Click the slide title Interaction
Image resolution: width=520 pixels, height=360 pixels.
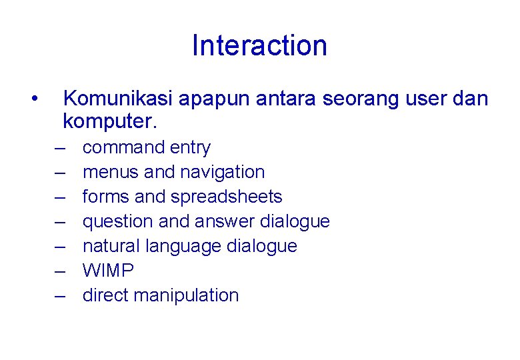259,46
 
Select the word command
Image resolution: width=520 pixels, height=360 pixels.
123,147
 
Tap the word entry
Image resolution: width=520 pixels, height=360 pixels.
191,148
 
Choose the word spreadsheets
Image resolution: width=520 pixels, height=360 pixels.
226,197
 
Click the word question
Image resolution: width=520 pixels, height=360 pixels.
117,221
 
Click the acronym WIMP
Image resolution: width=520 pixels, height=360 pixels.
108,271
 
